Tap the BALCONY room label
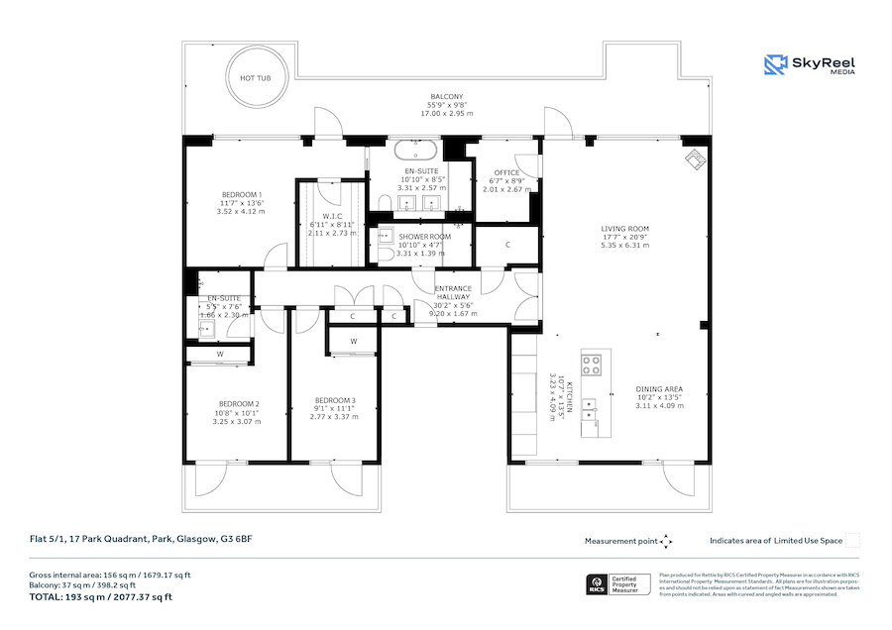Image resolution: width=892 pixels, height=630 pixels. pos(448,96)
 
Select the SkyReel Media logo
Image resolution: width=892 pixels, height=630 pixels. pos(810,65)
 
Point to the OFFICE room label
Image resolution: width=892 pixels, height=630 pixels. pos(506,172)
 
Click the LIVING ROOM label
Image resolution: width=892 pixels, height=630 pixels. pos(624,228)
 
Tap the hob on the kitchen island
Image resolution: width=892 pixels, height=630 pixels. pos(593,365)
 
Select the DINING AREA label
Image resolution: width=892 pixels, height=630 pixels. pos(659,389)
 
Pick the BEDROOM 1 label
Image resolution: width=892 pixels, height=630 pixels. pos(242,194)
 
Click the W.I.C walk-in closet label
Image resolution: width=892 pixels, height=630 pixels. pos(332,217)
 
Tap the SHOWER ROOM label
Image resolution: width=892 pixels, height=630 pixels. pos(425,237)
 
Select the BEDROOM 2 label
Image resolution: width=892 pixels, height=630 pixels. pos(239,404)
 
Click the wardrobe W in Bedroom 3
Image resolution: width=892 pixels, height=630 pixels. pos(352,343)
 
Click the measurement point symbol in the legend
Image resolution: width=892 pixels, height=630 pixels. pos(666,541)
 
